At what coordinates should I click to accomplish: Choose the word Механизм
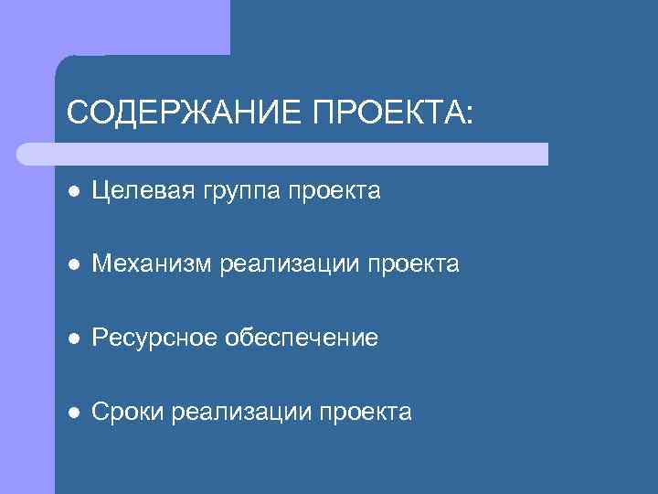(x=152, y=265)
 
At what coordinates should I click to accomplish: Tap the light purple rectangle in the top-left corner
(x=114, y=27)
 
